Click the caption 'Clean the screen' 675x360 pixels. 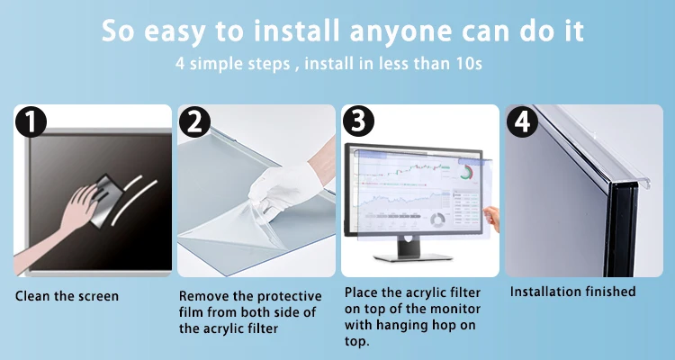coord(67,295)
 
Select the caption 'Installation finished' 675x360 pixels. coord(572,292)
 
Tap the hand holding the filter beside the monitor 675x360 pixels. coord(491,216)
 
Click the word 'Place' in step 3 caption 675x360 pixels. coord(363,293)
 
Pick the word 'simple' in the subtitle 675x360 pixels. coord(225,66)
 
